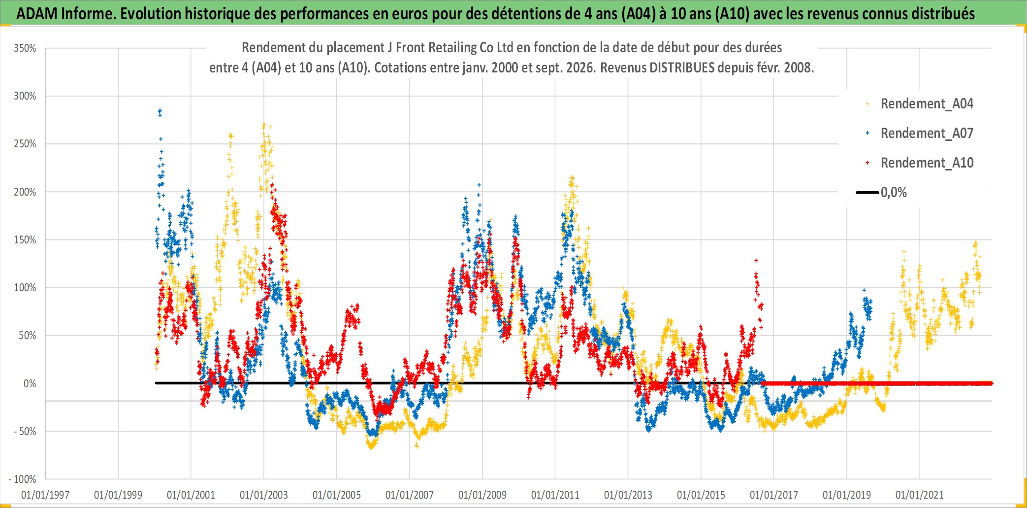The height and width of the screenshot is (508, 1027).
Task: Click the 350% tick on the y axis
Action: pyautogui.click(x=25, y=48)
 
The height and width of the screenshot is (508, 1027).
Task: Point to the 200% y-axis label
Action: pyautogui.click(x=25, y=192)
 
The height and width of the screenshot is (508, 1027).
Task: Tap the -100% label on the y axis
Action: pyautogui.click(x=22, y=479)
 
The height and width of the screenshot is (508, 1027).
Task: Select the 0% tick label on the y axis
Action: pyautogui.click(x=30, y=383)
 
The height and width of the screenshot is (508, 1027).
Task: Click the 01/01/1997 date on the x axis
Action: pyautogui.click(x=45, y=495)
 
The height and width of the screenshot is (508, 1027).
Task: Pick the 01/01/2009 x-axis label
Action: pyautogui.click(x=482, y=495)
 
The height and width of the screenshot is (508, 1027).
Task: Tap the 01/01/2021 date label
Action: pyautogui.click(x=920, y=495)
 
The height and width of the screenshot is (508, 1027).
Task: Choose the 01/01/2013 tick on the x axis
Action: pyautogui.click(x=628, y=495)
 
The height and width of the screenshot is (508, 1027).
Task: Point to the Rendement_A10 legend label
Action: pyautogui.click(x=927, y=163)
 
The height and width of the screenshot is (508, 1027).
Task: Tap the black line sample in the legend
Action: pyautogui.click(x=867, y=192)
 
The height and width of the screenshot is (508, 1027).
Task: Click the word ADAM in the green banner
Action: pyautogui.click(x=37, y=14)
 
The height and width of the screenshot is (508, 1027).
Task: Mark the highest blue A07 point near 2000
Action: pyautogui.click(x=160, y=110)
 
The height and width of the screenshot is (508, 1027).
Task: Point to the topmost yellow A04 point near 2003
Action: pyautogui.click(x=264, y=125)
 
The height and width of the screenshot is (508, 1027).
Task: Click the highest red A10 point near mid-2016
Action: pyautogui.click(x=756, y=261)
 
